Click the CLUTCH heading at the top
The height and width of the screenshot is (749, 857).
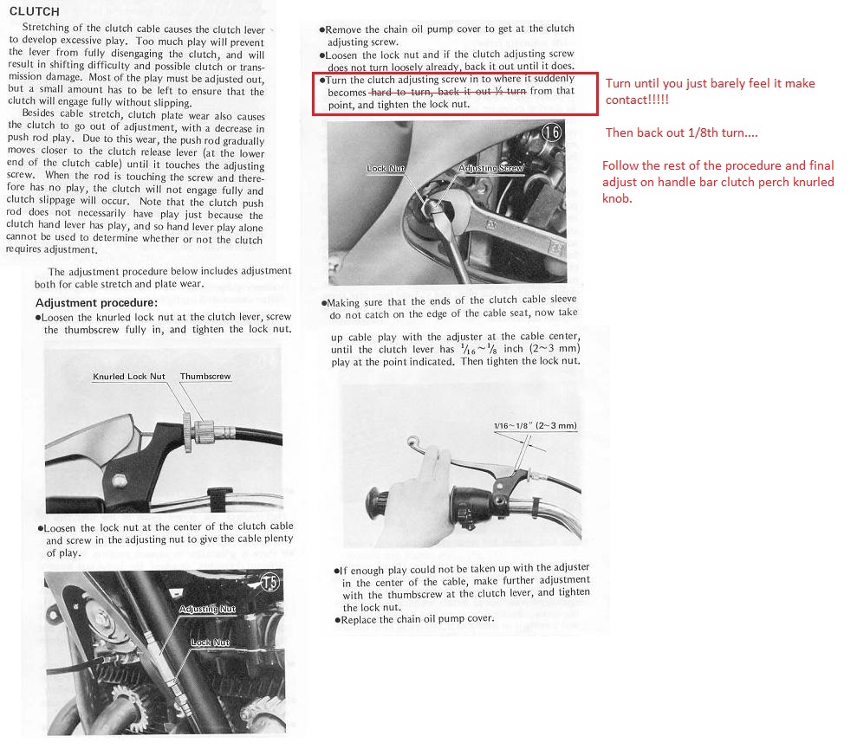point(34,11)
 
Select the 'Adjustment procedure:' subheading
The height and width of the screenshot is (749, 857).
point(96,302)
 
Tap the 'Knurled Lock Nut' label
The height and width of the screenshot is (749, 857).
point(129,377)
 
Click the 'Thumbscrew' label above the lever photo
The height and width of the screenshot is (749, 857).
point(205,377)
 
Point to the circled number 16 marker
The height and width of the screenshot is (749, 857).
point(552,132)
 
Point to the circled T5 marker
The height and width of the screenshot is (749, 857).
point(269,582)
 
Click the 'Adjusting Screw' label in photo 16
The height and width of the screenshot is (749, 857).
point(490,168)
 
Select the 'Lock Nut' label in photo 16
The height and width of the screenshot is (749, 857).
point(386,169)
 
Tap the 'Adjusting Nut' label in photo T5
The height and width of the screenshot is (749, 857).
point(207,610)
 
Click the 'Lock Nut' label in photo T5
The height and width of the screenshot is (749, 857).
point(210,642)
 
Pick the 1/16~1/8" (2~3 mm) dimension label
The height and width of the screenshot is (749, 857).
point(535,426)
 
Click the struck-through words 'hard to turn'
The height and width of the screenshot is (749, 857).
point(399,92)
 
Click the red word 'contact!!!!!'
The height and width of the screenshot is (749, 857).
point(637,100)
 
